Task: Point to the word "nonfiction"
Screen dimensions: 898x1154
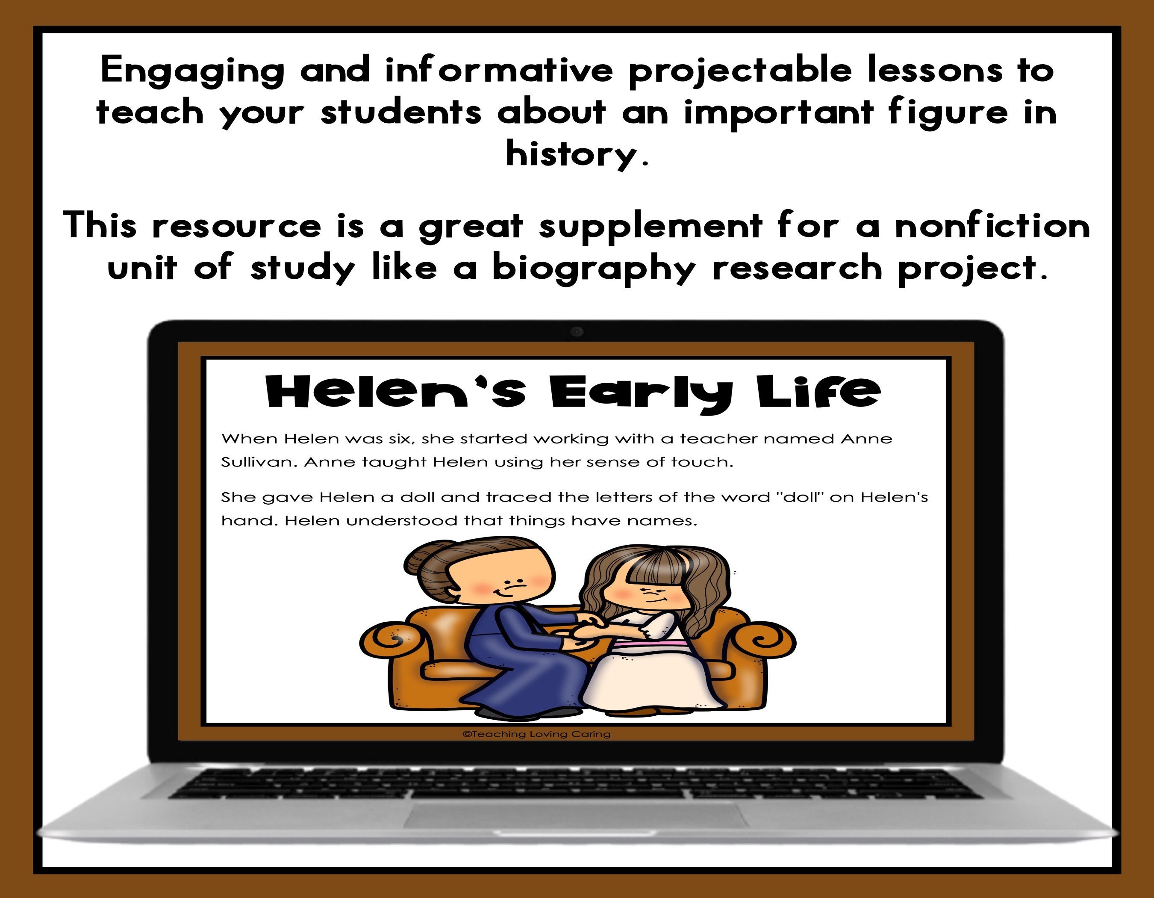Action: [x=992, y=226]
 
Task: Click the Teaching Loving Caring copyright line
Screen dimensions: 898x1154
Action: [x=536, y=734]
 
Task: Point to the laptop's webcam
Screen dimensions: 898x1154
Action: [x=577, y=332]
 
